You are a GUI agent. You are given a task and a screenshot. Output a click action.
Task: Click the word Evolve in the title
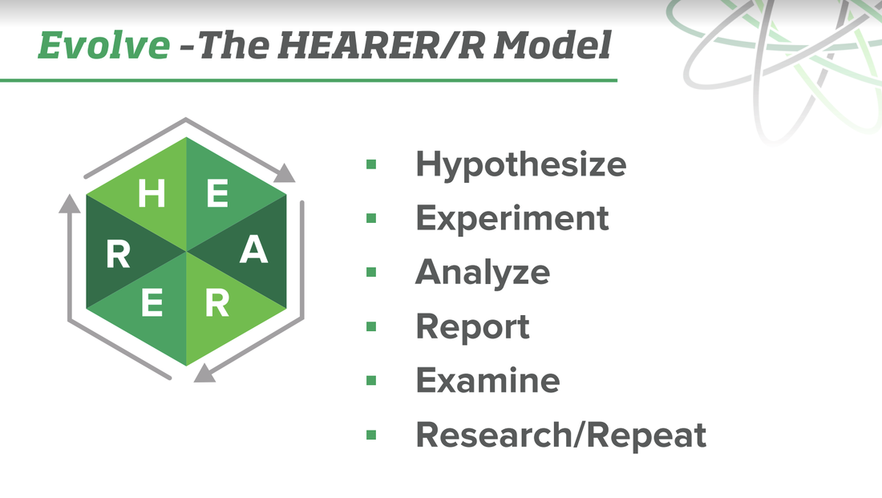(x=103, y=47)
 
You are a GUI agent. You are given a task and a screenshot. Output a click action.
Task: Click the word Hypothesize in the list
(x=520, y=165)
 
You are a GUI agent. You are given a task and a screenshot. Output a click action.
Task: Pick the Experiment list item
(x=512, y=218)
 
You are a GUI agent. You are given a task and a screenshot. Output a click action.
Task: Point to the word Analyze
(x=482, y=272)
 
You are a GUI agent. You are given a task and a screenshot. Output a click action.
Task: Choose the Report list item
(x=472, y=326)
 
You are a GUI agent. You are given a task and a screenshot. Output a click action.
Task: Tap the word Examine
(x=488, y=380)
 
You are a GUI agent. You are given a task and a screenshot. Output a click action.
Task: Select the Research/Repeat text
(x=560, y=435)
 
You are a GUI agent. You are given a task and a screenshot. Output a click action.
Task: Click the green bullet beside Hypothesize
(x=371, y=164)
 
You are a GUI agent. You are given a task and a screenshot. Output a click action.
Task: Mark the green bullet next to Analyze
(x=371, y=273)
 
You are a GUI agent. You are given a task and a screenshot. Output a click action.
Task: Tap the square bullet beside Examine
(x=371, y=380)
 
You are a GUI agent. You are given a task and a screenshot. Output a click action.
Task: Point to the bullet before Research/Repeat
(x=371, y=435)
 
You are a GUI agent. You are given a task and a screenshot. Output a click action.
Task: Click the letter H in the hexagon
(x=152, y=194)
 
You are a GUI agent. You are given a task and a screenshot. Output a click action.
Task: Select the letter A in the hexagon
(x=253, y=252)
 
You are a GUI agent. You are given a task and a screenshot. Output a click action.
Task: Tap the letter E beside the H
(x=216, y=194)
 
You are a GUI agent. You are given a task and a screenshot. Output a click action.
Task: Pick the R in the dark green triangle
(x=119, y=256)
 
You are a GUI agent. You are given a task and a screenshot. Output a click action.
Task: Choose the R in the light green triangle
(x=217, y=304)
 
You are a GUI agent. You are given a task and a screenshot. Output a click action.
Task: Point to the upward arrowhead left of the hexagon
(x=70, y=205)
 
